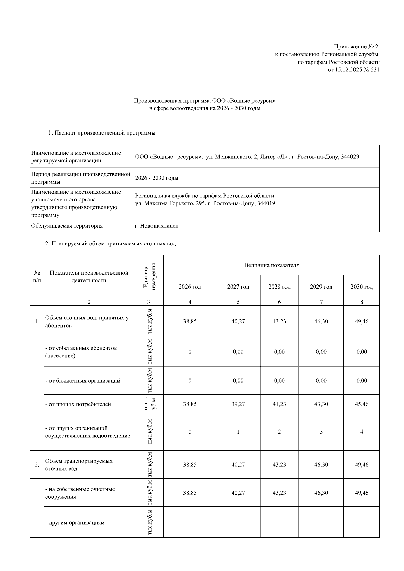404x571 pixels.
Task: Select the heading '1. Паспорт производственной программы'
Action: point(102,133)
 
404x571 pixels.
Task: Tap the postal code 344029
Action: point(350,157)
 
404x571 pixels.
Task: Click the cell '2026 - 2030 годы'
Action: point(157,178)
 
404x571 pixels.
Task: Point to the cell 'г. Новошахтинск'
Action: point(157,226)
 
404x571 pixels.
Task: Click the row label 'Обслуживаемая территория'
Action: point(67,226)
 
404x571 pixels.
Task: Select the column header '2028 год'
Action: point(279,287)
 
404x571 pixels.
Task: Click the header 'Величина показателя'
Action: point(271,265)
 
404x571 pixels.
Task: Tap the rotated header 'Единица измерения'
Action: point(149,276)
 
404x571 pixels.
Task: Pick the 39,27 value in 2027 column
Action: point(238,404)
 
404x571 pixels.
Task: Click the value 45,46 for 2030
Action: point(361,404)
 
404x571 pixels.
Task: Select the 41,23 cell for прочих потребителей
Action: point(279,404)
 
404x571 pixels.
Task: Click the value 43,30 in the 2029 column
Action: point(321,404)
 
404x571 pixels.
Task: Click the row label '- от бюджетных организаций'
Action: point(82,381)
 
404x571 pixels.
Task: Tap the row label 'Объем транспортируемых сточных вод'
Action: point(79,465)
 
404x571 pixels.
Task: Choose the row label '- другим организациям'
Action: point(75,523)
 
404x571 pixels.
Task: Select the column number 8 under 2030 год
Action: point(361,302)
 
